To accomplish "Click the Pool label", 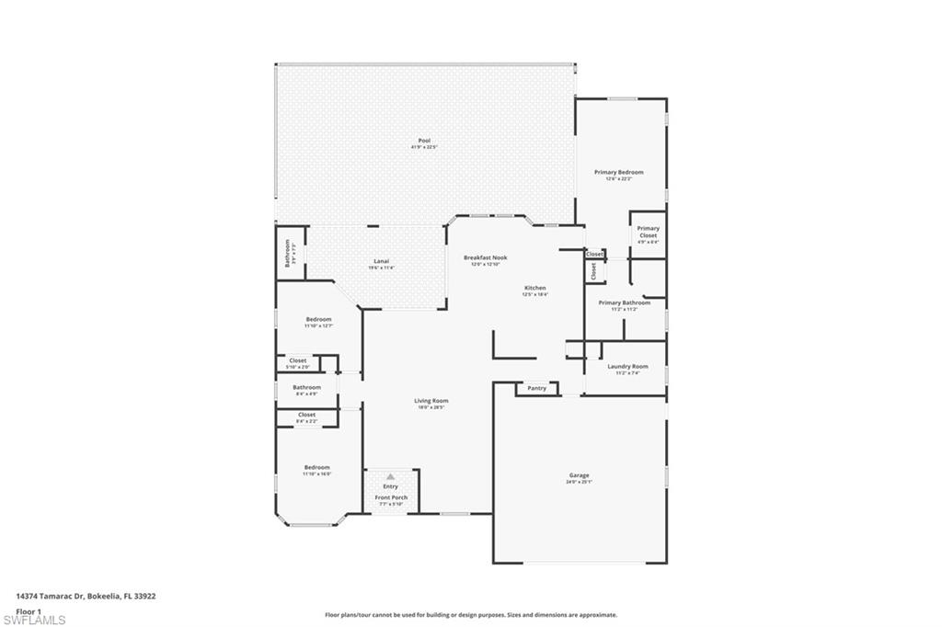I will [424, 141].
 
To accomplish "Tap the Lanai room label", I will [381, 260].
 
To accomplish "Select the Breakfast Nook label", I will [485, 257].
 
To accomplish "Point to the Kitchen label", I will [535, 288].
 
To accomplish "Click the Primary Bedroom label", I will [618, 172].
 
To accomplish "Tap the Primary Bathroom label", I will [624, 302].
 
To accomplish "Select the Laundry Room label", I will [626, 366].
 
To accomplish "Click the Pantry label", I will [536, 388].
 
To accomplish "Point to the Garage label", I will [579, 475].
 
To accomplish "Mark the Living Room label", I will [431, 400].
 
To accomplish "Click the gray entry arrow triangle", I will [390, 476].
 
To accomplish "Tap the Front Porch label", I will [391, 497].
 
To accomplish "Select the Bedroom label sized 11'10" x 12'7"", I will [318, 319].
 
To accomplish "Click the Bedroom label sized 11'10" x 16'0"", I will [316, 467].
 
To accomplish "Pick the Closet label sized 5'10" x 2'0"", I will [298, 360].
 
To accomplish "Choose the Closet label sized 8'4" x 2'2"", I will [306, 415].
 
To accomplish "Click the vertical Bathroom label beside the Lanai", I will [287, 251].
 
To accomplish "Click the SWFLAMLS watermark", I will [34, 619].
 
